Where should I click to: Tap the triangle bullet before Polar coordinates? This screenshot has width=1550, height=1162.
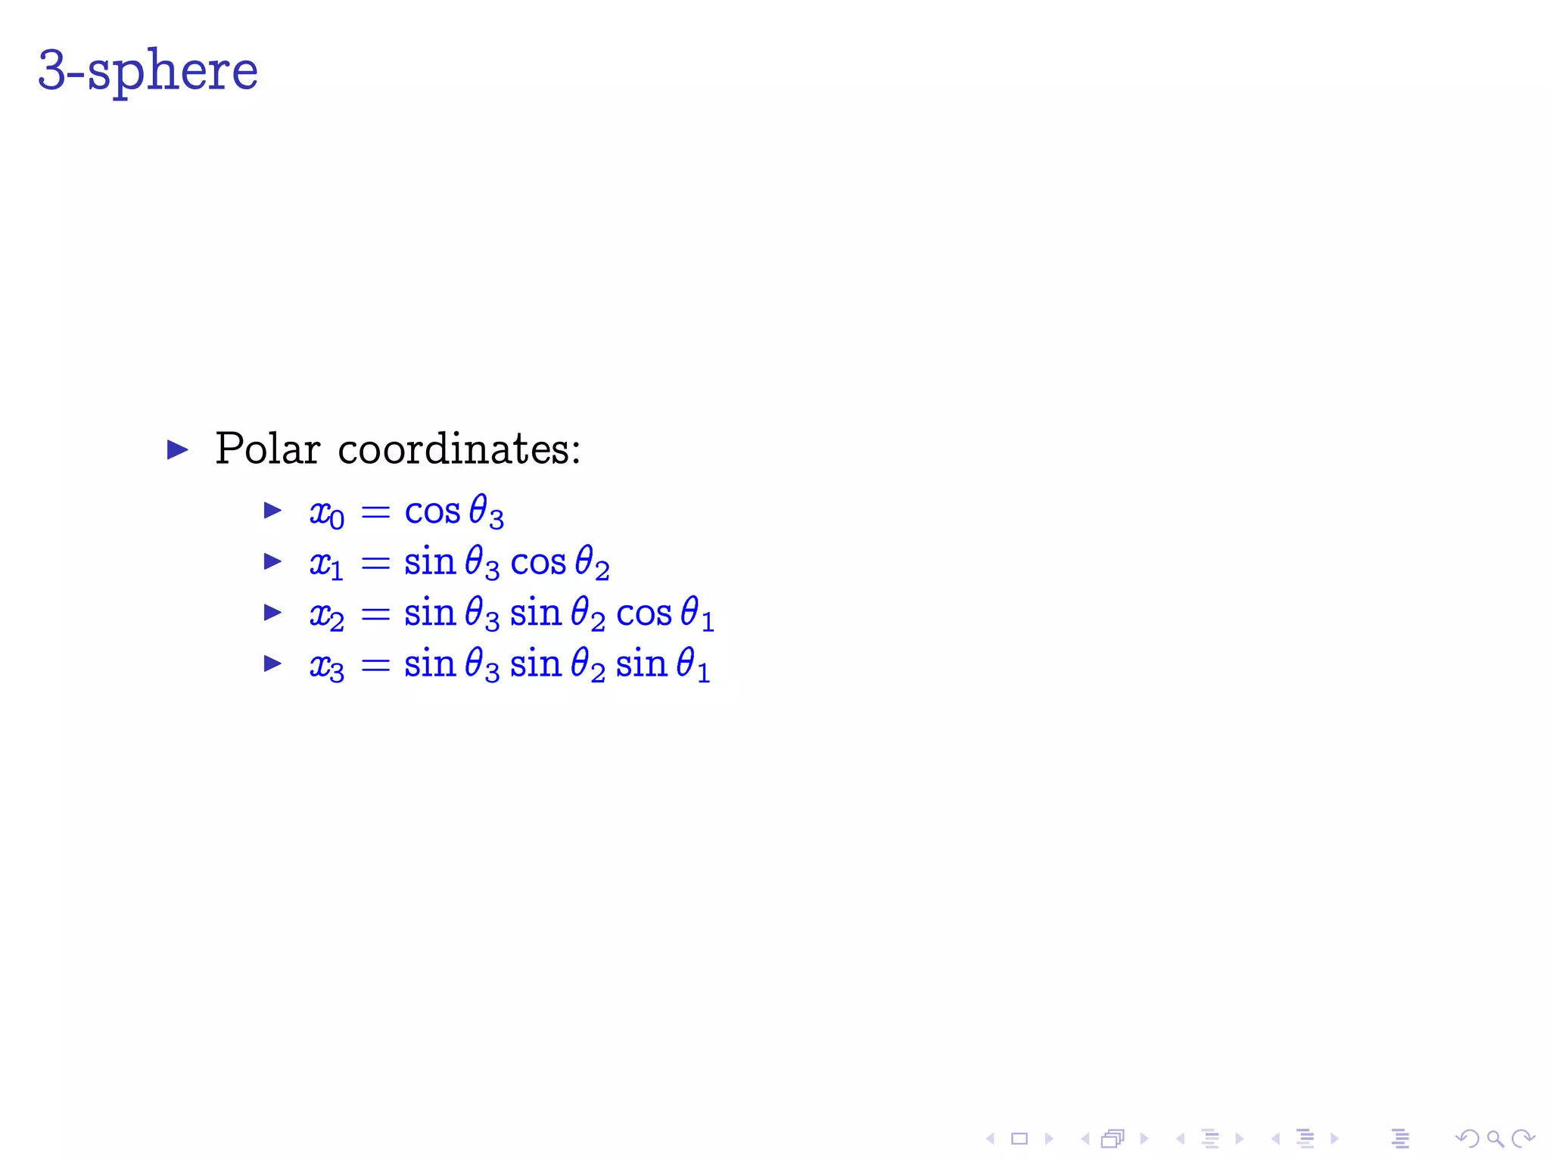pos(178,450)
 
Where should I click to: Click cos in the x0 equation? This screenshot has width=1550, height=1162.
pos(432,512)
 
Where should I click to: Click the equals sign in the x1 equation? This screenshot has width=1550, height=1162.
pos(375,564)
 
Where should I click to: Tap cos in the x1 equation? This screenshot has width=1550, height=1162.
pos(538,564)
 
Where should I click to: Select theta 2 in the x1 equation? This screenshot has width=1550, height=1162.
pos(592,564)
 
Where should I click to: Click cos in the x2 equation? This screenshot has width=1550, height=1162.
pos(643,614)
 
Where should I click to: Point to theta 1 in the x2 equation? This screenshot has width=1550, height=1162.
pos(696,614)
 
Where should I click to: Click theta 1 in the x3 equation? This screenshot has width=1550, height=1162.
pos(693,666)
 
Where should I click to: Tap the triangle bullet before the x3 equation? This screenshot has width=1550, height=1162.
pos(272,664)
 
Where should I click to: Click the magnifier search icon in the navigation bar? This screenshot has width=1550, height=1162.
pos(1495,1139)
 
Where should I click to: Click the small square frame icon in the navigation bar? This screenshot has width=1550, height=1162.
pos(1019,1139)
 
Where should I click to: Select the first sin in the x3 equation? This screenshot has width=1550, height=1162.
pos(429,664)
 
